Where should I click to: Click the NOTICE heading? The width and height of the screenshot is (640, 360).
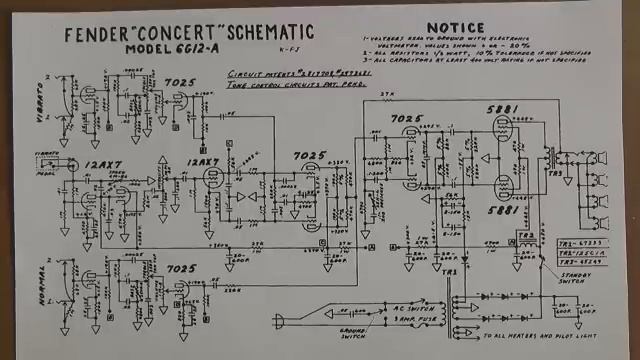455,27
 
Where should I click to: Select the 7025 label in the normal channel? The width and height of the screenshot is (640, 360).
180,269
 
